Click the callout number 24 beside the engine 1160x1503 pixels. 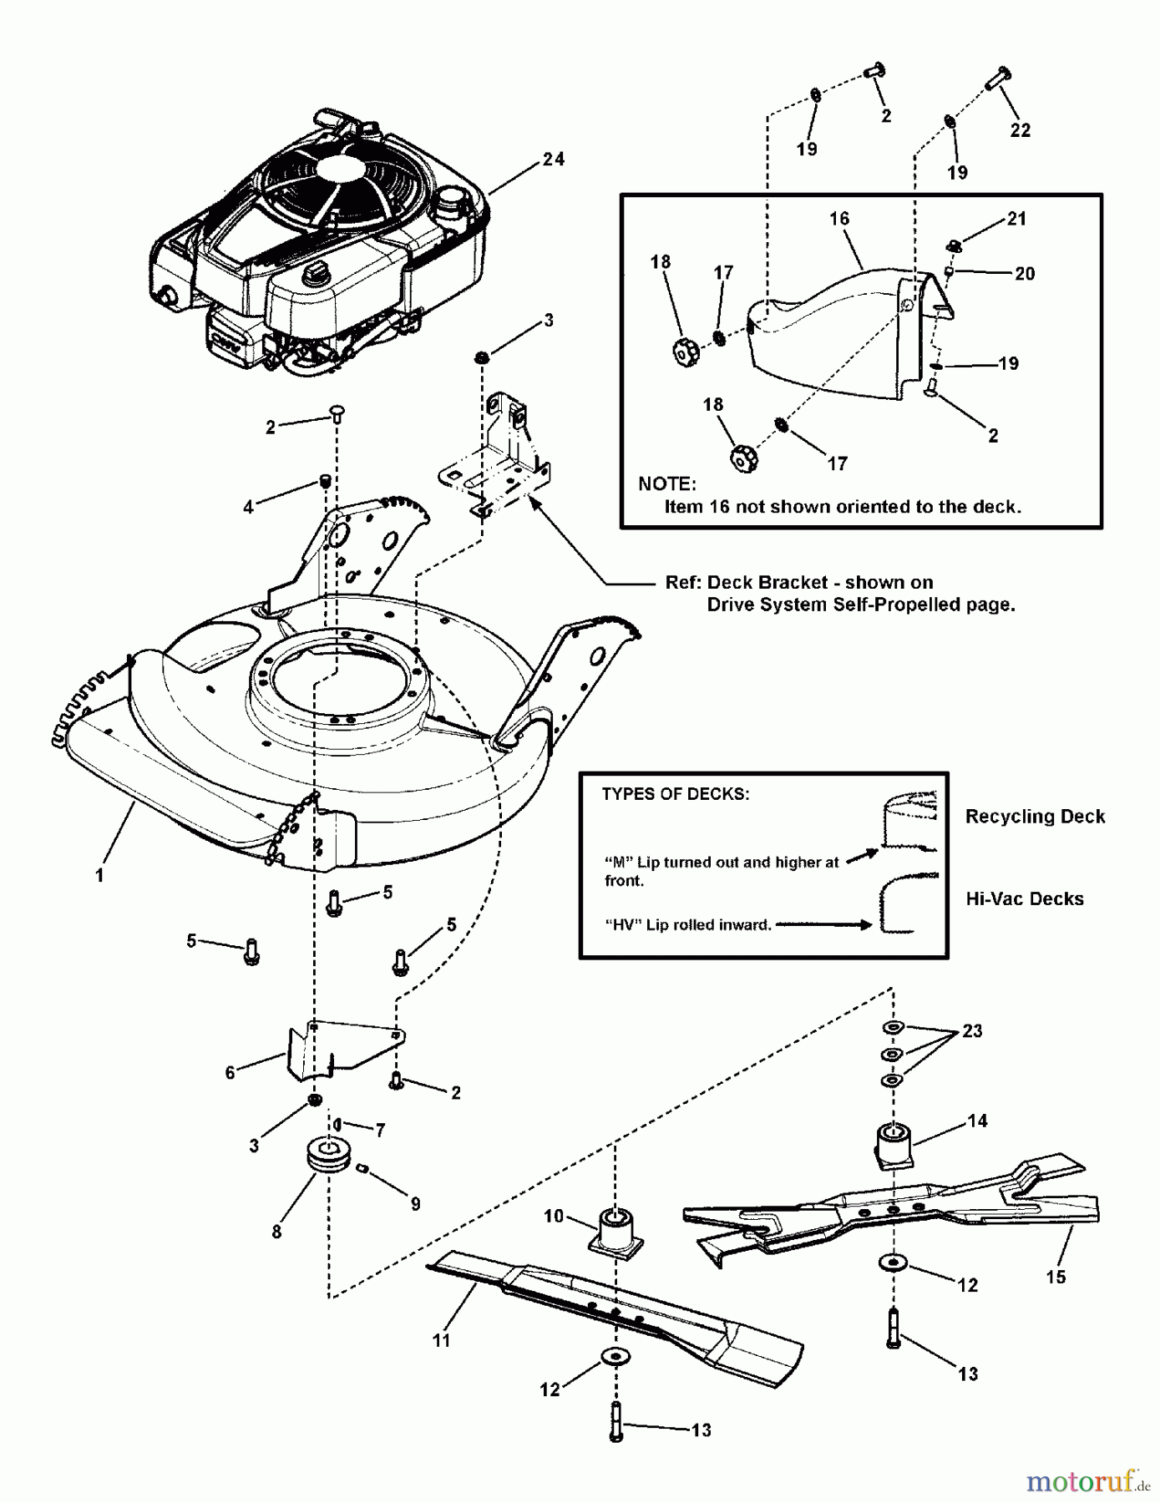[553, 159]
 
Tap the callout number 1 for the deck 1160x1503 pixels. [99, 875]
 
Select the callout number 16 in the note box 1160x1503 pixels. [838, 218]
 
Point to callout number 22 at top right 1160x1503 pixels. [1020, 130]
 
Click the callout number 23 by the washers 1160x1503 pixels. [972, 1031]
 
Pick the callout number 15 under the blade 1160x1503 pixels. [1056, 1277]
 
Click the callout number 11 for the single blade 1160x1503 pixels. [441, 1340]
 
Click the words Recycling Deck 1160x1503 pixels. [1035, 817]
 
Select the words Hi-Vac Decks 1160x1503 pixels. [1025, 899]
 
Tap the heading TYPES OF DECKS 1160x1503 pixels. [675, 794]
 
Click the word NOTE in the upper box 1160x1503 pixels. [666, 484]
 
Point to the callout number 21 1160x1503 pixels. [1016, 219]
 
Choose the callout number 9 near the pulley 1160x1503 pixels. [415, 1204]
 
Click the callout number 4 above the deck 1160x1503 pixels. [248, 507]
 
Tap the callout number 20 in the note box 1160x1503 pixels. [1025, 274]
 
